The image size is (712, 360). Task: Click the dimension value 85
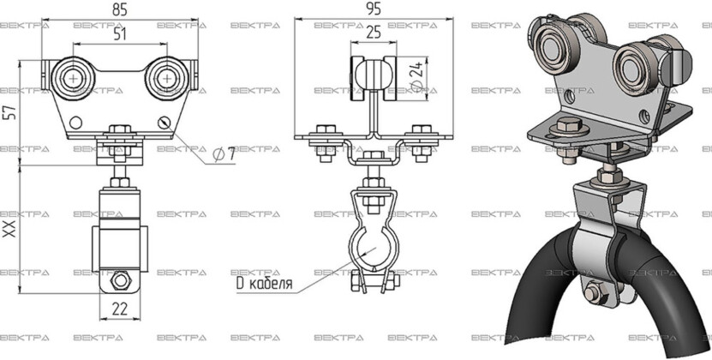click(120, 9)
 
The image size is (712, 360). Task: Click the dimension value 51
click(120, 34)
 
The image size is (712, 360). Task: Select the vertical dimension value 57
click(10, 112)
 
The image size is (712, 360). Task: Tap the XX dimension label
click(9, 229)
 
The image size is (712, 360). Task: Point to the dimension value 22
click(119, 309)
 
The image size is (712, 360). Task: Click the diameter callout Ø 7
click(224, 154)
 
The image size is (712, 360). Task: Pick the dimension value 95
click(373, 9)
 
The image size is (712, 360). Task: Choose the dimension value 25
click(374, 33)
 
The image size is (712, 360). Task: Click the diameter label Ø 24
click(417, 77)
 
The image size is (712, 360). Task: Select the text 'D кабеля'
click(264, 284)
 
